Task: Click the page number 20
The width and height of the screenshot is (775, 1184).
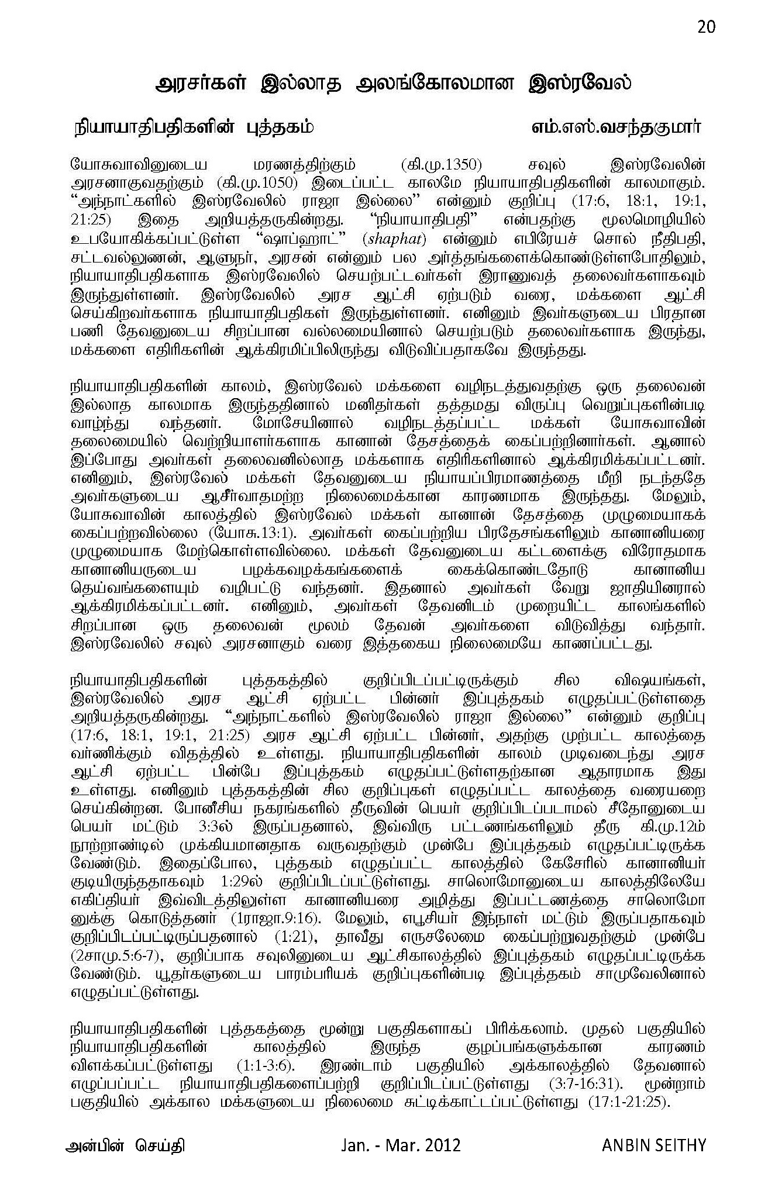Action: (706, 27)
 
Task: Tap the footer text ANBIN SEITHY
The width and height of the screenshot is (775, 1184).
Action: (654, 1144)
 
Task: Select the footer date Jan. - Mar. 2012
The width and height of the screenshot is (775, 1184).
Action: (401, 1144)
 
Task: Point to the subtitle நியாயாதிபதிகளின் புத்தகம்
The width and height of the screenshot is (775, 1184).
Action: (193, 127)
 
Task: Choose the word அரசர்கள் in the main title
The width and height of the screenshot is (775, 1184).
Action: (202, 83)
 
